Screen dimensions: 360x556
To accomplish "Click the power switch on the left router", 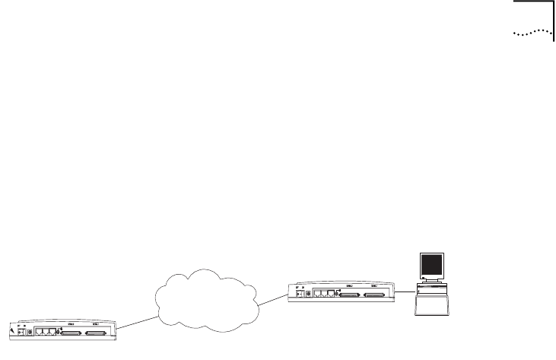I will [21, 332].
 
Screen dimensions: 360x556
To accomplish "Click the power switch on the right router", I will [298, 294].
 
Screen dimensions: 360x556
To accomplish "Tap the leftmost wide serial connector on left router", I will [71, 333].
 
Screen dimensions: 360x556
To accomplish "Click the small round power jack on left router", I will [29, 332].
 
